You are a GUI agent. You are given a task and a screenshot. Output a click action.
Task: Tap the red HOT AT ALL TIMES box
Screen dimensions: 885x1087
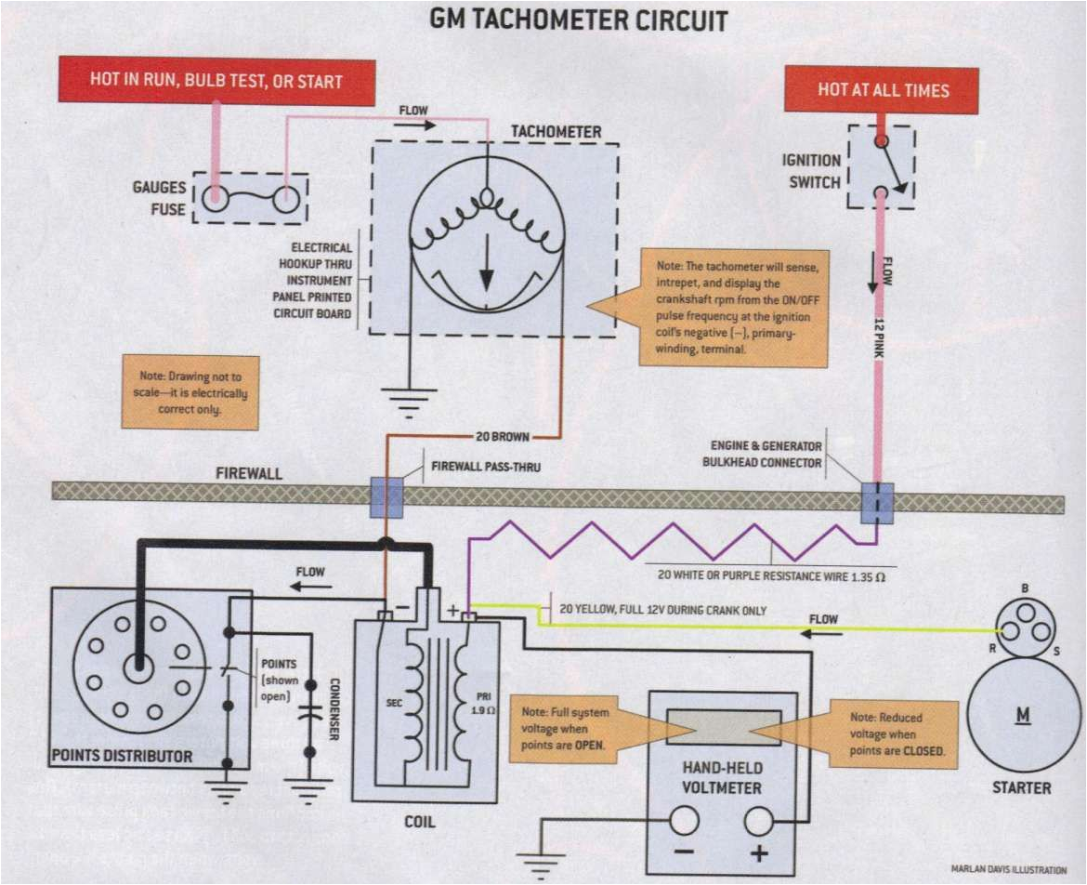883,90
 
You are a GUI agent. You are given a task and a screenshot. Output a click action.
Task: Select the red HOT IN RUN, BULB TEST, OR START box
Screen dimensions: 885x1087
216,81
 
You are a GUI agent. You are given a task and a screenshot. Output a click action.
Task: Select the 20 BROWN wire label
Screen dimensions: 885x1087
505,435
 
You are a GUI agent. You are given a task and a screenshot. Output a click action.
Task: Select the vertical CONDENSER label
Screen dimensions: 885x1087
332,708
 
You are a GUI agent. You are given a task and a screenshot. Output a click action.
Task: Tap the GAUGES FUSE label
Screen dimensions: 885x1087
160,198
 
